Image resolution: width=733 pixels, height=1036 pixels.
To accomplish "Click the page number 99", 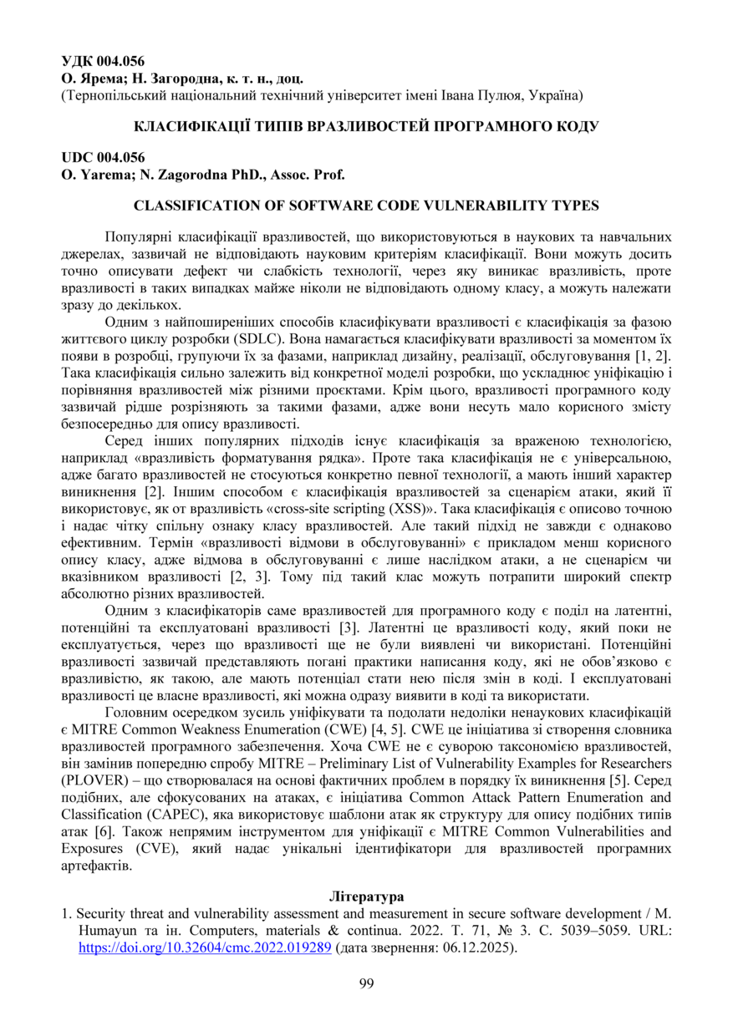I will [x=366, y=983].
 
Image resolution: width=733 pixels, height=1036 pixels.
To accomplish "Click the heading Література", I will [x=366, y=896].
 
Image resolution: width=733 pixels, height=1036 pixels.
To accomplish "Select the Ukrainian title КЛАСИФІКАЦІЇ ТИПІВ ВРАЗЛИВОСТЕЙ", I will [x=366, y=127].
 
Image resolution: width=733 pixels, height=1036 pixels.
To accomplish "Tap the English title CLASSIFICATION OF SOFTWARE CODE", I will [x=366, y=206].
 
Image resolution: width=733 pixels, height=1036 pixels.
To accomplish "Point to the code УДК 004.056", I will [x=103, y=60].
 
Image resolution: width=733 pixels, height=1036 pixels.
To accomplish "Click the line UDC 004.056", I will [x=103, y=158].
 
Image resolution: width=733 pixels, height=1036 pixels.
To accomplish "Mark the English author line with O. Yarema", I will [x=202, y=174].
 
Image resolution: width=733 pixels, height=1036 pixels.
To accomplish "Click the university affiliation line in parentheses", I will [x=322, y=96].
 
